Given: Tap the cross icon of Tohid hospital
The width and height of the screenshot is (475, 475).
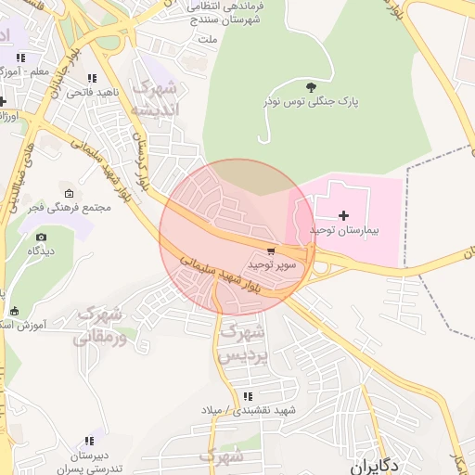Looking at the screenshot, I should [343, 215].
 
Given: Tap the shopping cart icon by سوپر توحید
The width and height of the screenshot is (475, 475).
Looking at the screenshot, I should [270, 250].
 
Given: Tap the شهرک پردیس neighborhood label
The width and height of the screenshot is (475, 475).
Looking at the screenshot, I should [242, 342].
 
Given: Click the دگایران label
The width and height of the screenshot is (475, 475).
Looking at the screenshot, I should [377, 464].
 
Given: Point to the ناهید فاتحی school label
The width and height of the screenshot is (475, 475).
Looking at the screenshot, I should [90, 94].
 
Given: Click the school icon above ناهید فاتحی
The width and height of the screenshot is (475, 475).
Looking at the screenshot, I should [90, 79].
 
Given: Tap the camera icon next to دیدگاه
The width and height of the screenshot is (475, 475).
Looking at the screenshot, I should [41, 237].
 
